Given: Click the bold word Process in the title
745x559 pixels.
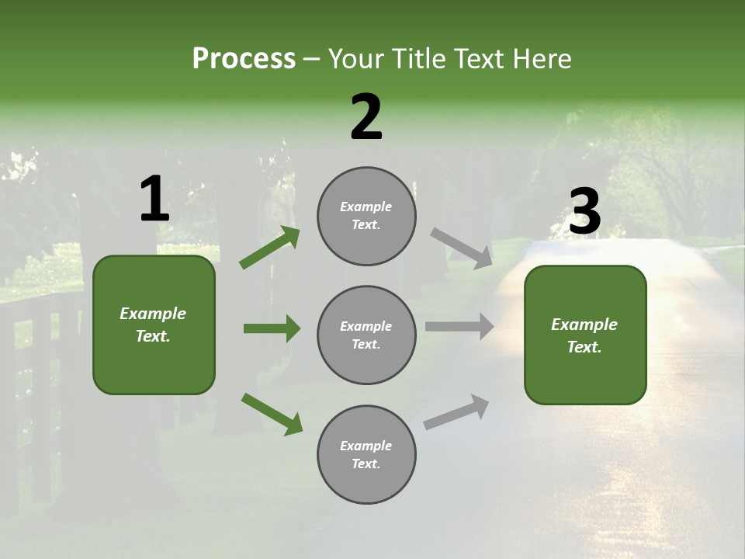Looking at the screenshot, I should [244, 59].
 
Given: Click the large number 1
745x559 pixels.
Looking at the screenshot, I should [154, 200].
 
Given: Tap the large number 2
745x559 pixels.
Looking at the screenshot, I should [366, 117].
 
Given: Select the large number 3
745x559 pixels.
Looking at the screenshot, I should [584, 212].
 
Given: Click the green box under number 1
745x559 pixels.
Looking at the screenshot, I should [154, 325].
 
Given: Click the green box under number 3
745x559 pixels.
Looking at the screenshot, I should [585, 335].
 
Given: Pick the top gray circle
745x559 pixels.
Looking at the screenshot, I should [366, 216].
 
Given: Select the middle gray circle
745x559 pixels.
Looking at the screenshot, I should [366, 335].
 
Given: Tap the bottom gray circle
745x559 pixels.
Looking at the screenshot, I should [366, 454].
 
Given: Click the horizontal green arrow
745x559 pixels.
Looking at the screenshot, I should [272, 328].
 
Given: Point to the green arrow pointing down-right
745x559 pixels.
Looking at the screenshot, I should [272, 414].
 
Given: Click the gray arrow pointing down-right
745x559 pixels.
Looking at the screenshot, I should [461, 248].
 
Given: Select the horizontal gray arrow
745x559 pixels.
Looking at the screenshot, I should [459, 327].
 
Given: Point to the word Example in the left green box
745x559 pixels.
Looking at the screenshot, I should [153, 314].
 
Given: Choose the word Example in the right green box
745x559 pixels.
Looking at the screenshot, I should [584, 325].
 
